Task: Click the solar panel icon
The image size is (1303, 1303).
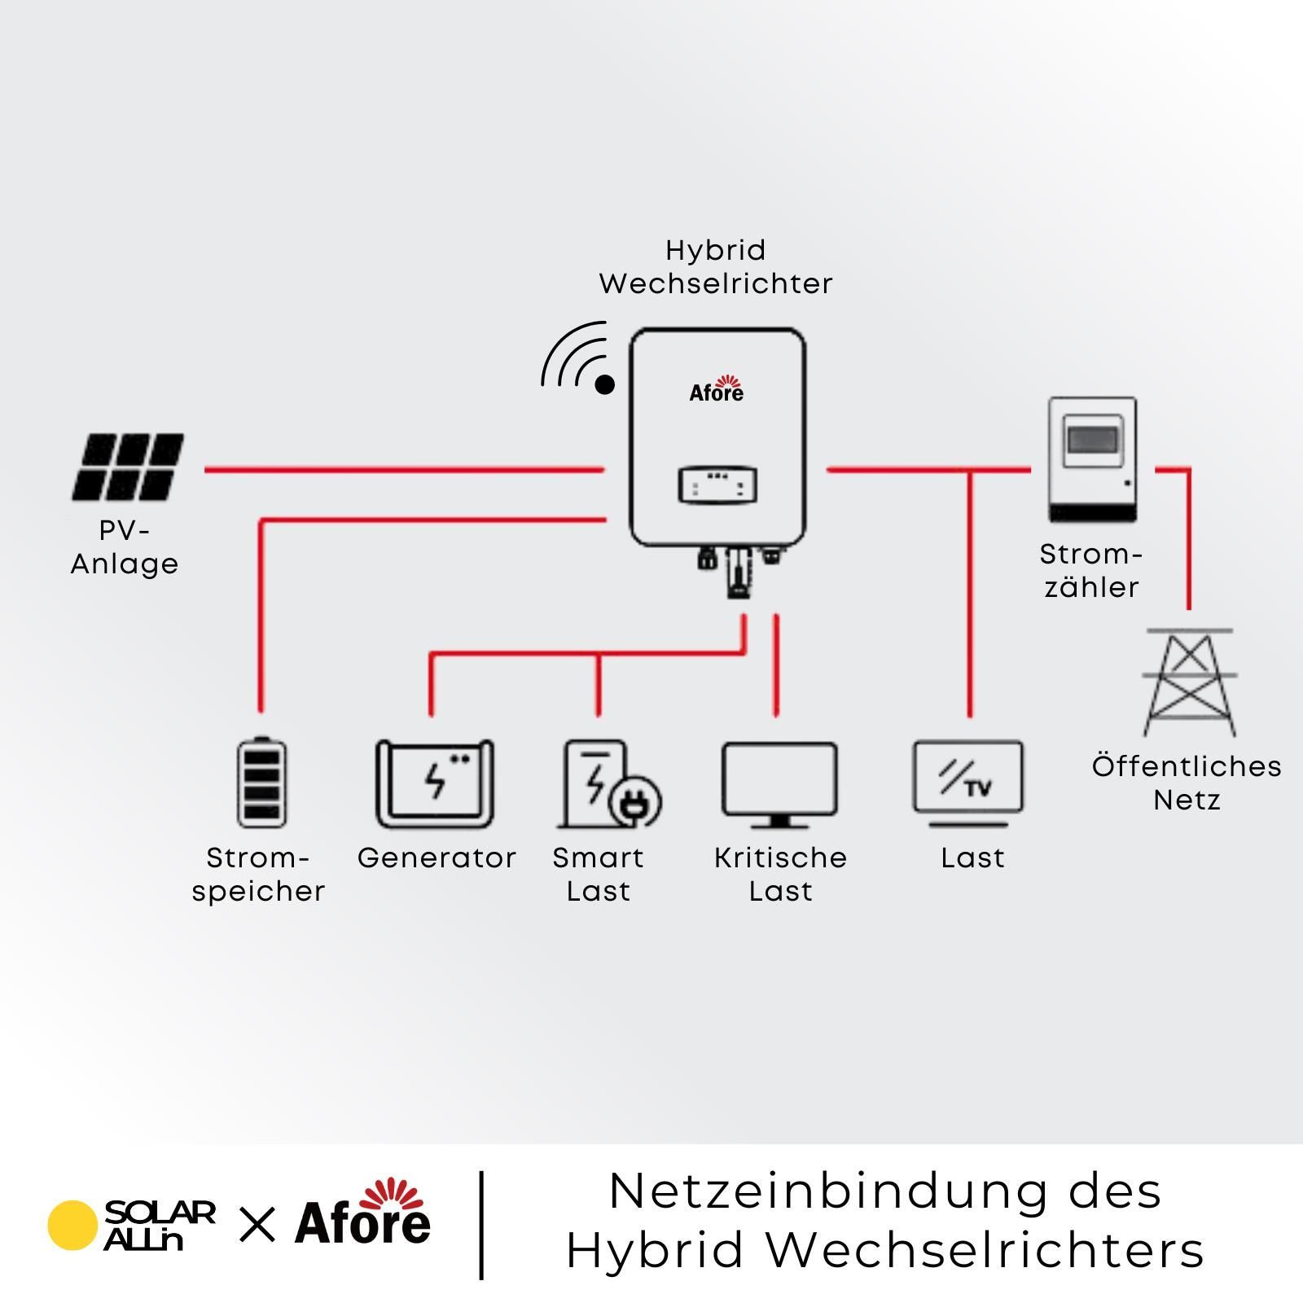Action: coord(128,467)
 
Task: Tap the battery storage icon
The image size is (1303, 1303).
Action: coord(261,782)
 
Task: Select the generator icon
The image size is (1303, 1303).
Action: coord(435,783)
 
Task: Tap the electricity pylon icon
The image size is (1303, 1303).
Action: coord(1190,682)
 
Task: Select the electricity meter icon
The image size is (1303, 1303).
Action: coord(1092,459)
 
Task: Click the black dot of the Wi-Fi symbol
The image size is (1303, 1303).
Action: coord(604,384)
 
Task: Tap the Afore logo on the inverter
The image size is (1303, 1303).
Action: coord(717,389)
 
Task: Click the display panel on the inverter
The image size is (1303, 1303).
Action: coord(717,485)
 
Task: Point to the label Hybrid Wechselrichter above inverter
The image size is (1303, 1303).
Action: coord(716,267)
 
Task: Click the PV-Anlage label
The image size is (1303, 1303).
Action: coord(125,547)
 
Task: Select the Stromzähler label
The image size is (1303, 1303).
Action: coord(1091,570)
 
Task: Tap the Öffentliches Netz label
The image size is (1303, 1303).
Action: coord(1187,783)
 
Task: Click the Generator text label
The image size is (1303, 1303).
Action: coord(437,858)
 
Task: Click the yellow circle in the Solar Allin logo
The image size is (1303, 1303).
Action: coord(72,1225)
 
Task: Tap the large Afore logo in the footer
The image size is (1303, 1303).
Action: coord(362,1213)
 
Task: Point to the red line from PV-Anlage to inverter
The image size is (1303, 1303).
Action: coord(404,470)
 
